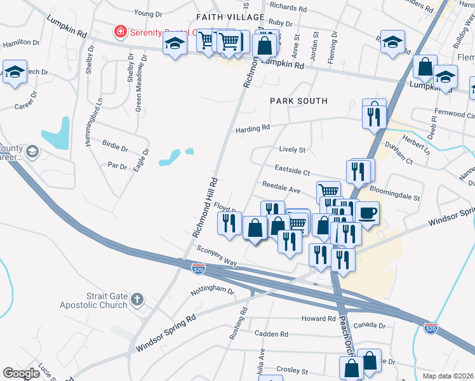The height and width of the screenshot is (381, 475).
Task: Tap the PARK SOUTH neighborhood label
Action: coord(298,101)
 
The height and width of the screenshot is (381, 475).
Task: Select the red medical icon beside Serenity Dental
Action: coord(119,30)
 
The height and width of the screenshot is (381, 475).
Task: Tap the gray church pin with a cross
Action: coord(137,298)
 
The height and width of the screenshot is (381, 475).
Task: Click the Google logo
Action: coord(21,373)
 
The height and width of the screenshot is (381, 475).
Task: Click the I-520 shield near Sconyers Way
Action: coord(198,269)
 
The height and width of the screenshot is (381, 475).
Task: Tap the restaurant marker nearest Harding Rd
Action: coord(374,115)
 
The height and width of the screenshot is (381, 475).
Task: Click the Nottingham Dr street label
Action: coord(213,291)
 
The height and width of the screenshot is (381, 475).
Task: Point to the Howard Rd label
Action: coord(318,319)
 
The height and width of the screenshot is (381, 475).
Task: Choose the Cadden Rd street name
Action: coord(271,334)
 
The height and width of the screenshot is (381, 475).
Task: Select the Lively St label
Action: coord(292,150)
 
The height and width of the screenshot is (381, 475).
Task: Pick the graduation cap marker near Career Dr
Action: coord(14,71)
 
